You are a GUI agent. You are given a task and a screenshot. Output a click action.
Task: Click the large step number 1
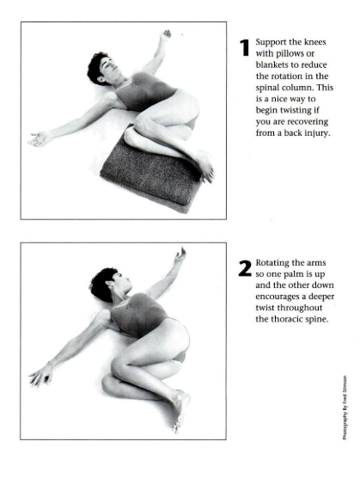point(245,48)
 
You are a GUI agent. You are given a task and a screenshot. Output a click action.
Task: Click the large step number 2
point(245,268)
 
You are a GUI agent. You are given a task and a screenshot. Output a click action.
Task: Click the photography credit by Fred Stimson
point(345,407)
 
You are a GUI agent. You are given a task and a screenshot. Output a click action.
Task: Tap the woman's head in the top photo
point(101,69)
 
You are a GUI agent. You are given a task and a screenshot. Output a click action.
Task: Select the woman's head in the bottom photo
point(108,284)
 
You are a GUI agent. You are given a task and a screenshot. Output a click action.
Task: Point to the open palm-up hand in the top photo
point(40,138)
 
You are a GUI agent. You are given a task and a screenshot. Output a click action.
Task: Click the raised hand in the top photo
point(166,34)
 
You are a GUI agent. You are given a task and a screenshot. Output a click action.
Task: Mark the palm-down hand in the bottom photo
point(41,375)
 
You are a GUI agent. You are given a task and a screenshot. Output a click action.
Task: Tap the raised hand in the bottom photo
point(180,255)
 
